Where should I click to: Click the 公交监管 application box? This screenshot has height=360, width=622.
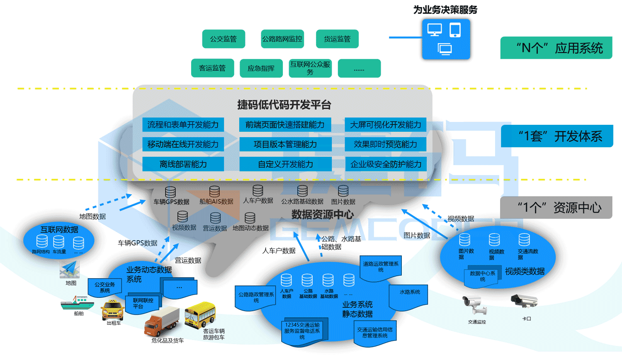(224, 39)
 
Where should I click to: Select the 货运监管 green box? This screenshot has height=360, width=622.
(337, 39)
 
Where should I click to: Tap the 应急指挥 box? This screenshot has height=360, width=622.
(261, 68)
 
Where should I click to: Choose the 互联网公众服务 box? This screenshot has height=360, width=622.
(310, 68)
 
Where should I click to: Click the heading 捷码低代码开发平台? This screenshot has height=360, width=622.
(284, 105)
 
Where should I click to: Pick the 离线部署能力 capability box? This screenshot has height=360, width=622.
(183, 164)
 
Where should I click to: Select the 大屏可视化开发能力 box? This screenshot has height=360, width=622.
(385, 125)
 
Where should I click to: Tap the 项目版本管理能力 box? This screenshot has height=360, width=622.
(285, 144)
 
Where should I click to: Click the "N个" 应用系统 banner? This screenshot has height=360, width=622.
(556, 48)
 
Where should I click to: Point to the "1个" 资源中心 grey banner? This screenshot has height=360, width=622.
(556, 207)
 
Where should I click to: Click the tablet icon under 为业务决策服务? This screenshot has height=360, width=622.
(455, 30)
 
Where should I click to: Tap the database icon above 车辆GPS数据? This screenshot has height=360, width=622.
(170, 192)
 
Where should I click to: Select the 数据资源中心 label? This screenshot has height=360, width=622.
(322, 214)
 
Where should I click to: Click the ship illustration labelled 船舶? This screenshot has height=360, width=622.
(77, 303)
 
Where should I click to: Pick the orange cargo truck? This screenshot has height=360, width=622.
(162, 321)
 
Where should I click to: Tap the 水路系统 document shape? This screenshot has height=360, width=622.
(410, 297)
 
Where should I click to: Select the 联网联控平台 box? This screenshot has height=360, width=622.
(142, 304)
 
